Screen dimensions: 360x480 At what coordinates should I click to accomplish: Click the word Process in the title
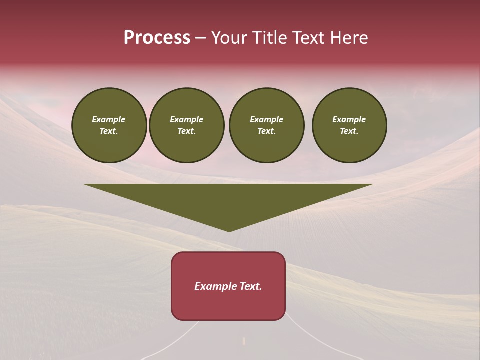(x=157, y=38)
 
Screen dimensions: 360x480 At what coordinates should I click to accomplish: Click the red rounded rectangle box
(x=228, y=305)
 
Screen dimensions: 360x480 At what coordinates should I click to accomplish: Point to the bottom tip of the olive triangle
(x=229, y=230)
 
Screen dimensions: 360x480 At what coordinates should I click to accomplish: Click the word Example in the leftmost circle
(x=109, y=119)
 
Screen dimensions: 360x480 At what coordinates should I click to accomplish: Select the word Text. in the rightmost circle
(x=349, y=131)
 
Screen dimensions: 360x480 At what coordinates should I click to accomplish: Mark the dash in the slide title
(x=200, y=38)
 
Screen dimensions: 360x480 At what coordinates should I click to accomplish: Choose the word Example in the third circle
(x=266, y=119)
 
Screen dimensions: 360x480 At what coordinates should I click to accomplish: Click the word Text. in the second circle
(x=186, y=131)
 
